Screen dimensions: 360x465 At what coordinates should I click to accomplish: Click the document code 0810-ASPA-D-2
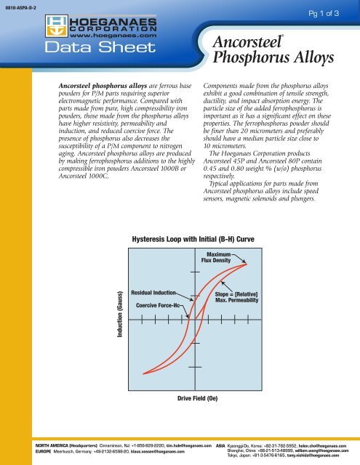19,8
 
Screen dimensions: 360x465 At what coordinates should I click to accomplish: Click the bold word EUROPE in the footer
25,450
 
